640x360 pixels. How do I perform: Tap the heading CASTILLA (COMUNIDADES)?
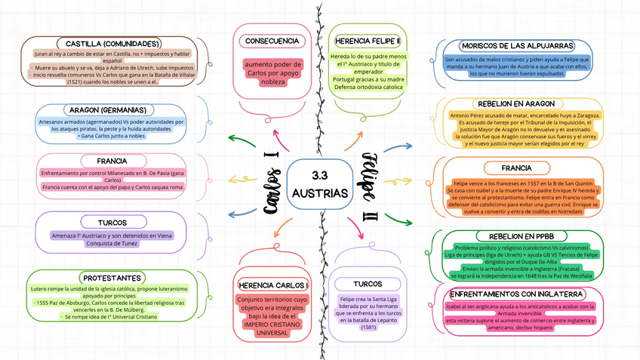click(x=112, y=44)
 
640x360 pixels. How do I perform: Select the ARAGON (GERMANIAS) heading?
click(x=112, y=110)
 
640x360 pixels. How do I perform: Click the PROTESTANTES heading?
click(x=112, y=278)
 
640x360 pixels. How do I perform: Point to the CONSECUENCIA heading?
click(x=272, y=41)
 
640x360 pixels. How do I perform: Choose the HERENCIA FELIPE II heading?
click(x=368, y=41)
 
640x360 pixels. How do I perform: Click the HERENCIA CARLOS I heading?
click(x=273, y=285)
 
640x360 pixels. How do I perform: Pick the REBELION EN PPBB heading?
click(x=516, y=236)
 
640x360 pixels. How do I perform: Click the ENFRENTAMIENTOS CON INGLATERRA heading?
click(x=517, y=294)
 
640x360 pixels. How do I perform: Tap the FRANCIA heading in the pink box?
click(x=112, y=162)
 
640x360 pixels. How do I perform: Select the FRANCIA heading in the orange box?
click(x=516, y=168)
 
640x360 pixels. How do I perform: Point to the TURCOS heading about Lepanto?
click(x=368, y=284)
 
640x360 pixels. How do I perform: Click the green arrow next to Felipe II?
click(x=399, y=220)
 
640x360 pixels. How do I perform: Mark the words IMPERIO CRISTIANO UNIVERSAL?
click(x=272, y=329)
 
